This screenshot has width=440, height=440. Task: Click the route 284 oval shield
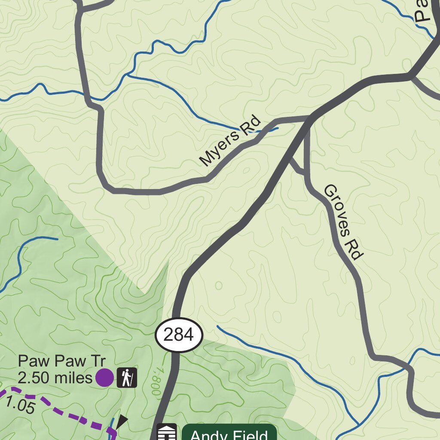tap(179, 335)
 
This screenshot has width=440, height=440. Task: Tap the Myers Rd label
tap(230, 141)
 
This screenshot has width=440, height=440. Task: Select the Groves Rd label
tap(342, 222)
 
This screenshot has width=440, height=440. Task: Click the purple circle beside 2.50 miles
tap(104, 378)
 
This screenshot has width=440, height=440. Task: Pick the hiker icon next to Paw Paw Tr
tap(127, 378)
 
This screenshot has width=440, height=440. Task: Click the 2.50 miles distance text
tap(55, 378)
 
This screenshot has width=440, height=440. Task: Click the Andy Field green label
tap(229, 433)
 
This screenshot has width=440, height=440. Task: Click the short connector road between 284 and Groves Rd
tap(297, 166)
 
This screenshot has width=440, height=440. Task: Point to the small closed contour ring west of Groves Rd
tap(218, 285)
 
